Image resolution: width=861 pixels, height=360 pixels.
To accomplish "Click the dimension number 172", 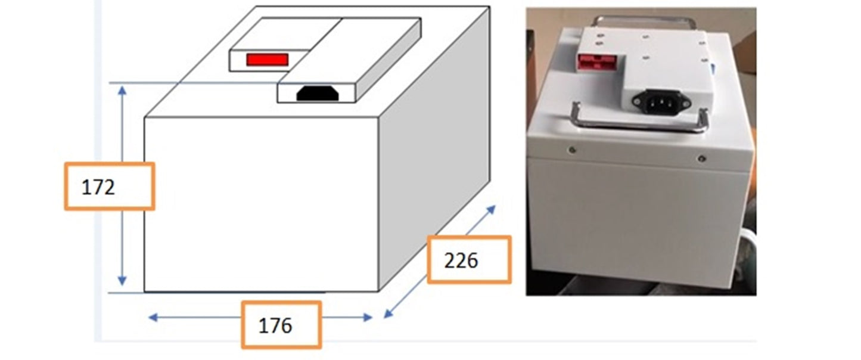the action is click(98, 188).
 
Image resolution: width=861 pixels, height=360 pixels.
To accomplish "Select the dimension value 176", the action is click(275, 326).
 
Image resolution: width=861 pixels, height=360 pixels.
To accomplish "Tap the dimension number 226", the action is click(461, 260).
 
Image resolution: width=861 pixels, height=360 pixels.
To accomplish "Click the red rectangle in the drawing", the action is click(268, 60).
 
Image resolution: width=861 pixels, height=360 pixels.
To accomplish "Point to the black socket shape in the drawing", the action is click(318, 94).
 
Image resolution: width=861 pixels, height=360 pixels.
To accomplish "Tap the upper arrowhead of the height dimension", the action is click(122, 91).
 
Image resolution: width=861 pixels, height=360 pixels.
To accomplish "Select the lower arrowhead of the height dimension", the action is click(122, 281).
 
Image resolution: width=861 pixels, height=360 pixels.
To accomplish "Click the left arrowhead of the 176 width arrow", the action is click(153, 317).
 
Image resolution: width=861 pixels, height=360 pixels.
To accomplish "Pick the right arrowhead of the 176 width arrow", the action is click(368, 317).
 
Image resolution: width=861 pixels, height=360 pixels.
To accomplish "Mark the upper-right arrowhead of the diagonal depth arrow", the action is click(491, 210).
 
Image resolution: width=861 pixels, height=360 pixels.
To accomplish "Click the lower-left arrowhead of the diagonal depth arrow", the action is click(388, 314).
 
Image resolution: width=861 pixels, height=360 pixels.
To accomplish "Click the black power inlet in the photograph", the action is click(661, 101).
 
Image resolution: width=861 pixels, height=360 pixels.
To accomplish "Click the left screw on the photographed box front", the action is click(573, 150).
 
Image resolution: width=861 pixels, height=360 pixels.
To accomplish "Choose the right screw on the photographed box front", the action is click(702, 158).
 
